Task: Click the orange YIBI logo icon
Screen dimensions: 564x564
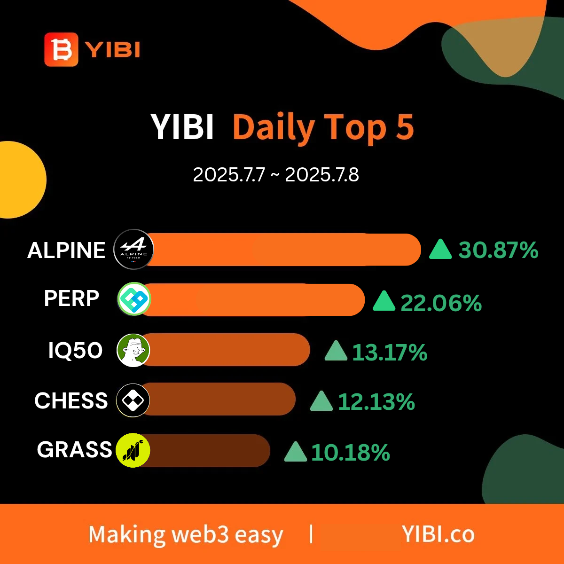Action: coord(61,49)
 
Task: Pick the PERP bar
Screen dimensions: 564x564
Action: coord(254,300)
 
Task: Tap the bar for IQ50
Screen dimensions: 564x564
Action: coord(227,350)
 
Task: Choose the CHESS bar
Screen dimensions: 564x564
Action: coord(219,399)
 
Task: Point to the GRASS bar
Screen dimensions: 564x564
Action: coord(207,451)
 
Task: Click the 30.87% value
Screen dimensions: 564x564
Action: coord(498,250)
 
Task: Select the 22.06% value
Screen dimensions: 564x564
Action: coord(441,303)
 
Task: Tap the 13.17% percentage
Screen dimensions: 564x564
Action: coord(390,352)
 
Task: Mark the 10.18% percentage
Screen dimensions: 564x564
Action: coord(350,453)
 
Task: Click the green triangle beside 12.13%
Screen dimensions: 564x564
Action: coord(321,401)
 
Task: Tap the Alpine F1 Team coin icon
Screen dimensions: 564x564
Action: coord(133,250)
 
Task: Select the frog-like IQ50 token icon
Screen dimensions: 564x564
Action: coord(133,350)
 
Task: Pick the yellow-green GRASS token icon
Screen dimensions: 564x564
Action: coord(133,450)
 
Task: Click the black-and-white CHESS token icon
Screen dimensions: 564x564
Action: coord(133,400)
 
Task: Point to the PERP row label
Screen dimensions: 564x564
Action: coord(72,298)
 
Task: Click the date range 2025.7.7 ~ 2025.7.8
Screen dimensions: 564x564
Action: coord(276,175)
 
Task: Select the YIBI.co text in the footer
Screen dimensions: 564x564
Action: coord(438,534)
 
